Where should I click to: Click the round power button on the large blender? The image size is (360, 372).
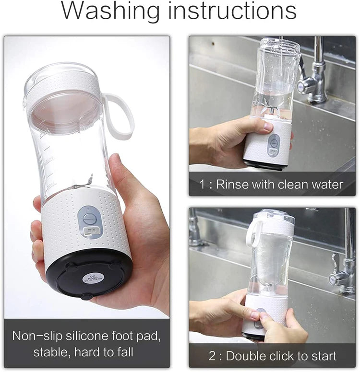coord(89,218)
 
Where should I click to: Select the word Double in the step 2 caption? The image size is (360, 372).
coord(247,356)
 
